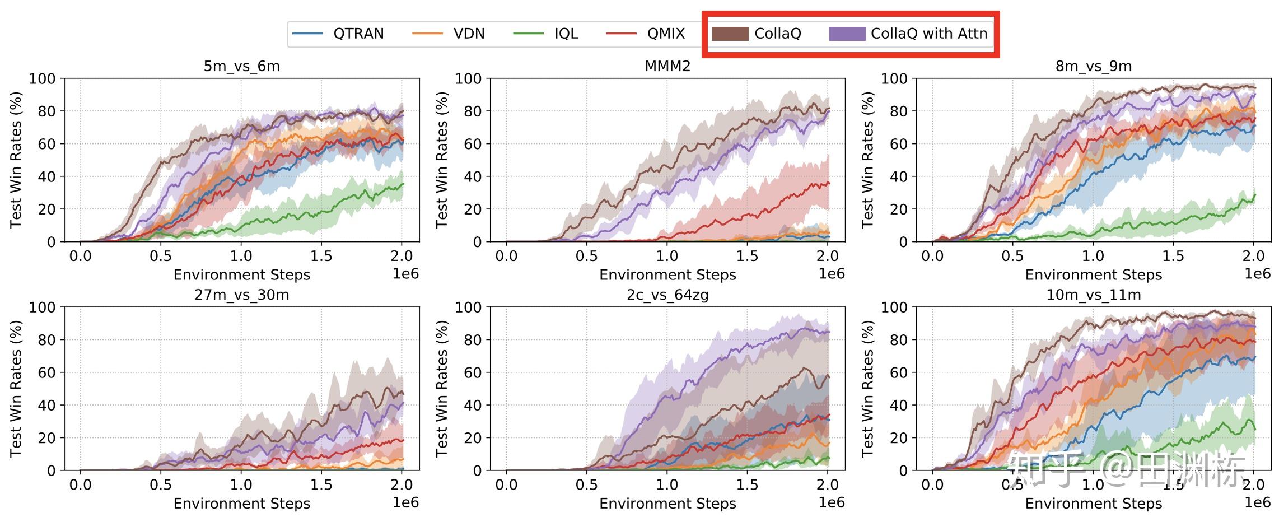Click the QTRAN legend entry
pyautogui.click(x=358, y=34)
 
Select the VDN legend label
pyautogui.click(x=469, y=34)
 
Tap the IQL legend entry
pyautogui.click(x=566, y=34)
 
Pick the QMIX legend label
pyautogui.click(x=666, y=34)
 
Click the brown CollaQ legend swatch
pyautogui.click(x=730, y=34)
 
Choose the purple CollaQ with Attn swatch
pyautogui.click(x=847, y=34)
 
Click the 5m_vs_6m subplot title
pyautogui.click(x=241, y=67)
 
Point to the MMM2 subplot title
pyautogui.click(x=667, y=67)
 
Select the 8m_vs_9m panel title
pyautogui.click(x=1094, y=67)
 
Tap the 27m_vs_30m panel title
pyautogui.click(x=241, y=295)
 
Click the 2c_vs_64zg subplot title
pyautogui.click(x=667, y=295)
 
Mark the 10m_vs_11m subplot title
pyautogui.click(x=1094, y=295)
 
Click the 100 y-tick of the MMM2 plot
pyautogui.click(x=468, y=78)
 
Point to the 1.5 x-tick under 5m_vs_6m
pyautogui.click(x=321, y=257)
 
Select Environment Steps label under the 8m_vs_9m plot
pyautogui.click(x=1094, y=275)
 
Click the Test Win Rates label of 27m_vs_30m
pyautogui.click(x=16, y=389)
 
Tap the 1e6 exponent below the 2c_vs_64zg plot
pyautogui.click(x=832, y=502)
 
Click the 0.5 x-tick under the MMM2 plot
pyautogui.click(x=587, y=257)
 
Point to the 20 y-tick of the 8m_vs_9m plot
pyautogui.click(x=899, y=209)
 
